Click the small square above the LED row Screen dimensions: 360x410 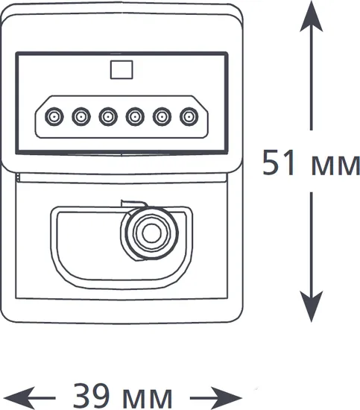pos(121,69)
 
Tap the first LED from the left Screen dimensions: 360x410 pos(54,116)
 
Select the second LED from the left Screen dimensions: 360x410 pos(81,116)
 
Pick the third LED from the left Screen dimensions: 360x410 pos(108,116)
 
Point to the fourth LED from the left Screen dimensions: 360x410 pos(135,116)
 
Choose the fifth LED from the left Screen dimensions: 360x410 pos(162,116)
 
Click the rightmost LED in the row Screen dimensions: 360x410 pos(189,116)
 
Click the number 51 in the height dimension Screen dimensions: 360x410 pos(279,162)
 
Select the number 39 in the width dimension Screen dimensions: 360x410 pos(91,396)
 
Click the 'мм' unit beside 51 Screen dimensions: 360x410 pos(335,165)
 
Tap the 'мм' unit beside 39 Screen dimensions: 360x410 pos(147,399)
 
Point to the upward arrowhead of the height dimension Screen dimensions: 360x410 pos(311,17)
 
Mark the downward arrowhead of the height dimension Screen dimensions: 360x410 pos(311,306)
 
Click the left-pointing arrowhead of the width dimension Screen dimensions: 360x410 pos(19,398)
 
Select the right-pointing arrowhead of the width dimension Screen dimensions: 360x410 pos(227,398)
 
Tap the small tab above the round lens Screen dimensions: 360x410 pos(133,204)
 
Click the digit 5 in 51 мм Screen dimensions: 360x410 pos(271,162)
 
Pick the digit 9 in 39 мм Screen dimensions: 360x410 pos(100,396)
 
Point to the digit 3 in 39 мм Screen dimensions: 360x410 pos(81,396)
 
